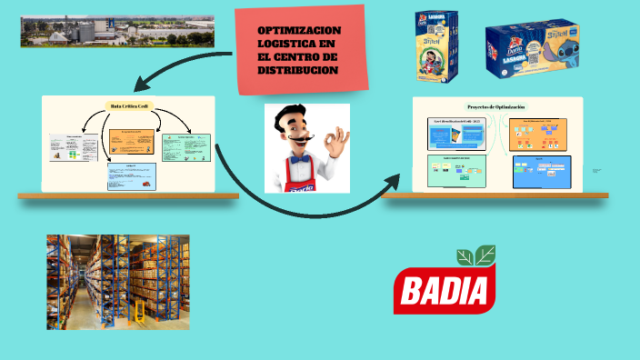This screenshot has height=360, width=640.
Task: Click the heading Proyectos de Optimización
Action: (496, 106)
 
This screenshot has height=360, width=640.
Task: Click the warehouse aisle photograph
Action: (118, 281)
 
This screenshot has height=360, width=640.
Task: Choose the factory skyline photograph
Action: (117, 30)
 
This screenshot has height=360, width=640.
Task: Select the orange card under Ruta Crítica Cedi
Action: (133, 140)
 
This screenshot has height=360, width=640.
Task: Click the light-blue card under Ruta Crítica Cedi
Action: (132, 175)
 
